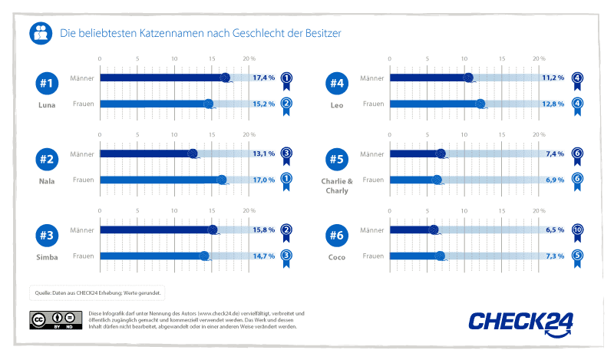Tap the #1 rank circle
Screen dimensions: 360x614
[47, 83]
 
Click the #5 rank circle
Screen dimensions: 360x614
[337, 160]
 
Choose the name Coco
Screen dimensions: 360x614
[337, 258]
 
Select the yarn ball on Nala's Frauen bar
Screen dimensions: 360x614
[222, 180]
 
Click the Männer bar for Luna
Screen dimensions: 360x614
[161, 78]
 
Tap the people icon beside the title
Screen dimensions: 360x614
[41, 34]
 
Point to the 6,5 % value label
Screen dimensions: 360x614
[553, 230]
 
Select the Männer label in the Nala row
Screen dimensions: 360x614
[81, 154]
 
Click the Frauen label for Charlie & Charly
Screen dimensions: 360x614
[372, 180]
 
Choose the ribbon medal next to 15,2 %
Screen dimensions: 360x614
[286, 106]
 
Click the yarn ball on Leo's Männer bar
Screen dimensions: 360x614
[468, 77]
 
